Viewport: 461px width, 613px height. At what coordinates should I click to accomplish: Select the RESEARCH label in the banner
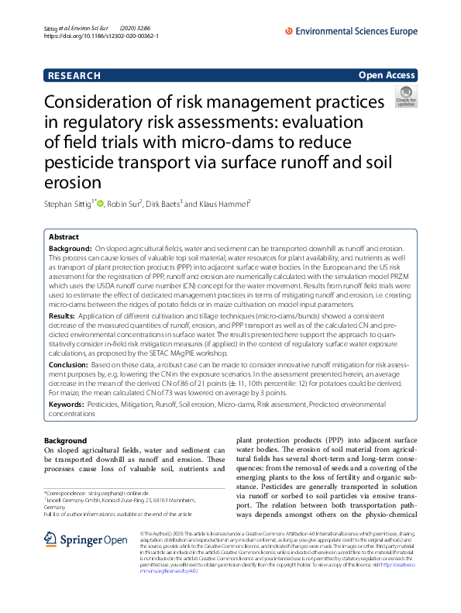[x=74, y=75]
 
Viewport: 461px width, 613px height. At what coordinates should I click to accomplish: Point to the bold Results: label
[x=63, y=317]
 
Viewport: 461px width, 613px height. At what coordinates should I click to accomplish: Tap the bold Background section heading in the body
[x=66, y=440]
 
